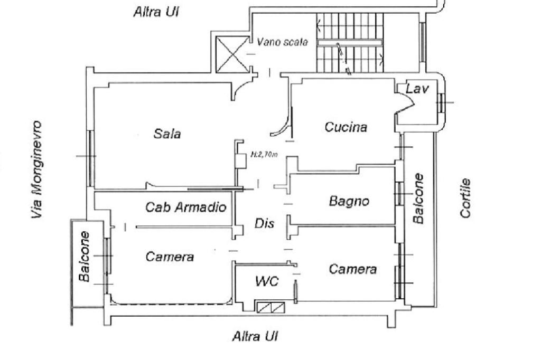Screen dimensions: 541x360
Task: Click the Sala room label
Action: click(167, 134)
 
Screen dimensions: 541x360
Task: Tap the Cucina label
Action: click(346, 127)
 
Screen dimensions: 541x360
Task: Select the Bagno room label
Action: click(348, 201)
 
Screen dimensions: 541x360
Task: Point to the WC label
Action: click(267, 281)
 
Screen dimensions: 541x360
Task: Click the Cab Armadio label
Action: click(186, 207)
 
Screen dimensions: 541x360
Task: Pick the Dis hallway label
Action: click(264, 223)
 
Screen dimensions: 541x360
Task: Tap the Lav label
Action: click(417, 89)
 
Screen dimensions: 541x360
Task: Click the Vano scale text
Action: click(282, 42)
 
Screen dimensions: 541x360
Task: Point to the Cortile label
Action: click(465, 198)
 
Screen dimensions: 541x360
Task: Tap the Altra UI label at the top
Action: click(155, 12)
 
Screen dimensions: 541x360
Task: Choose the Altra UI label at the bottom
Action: click(255, 336)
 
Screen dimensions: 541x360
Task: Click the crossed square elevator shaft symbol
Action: click(233, 54)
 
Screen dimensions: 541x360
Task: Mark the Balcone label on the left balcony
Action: click(84, 256)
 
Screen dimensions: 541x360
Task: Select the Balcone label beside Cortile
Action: click(418, 198)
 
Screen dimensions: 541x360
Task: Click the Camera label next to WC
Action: click(352, 269)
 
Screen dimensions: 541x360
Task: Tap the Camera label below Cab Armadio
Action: click(170, 257)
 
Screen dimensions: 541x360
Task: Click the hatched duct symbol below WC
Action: click(269, 307)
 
